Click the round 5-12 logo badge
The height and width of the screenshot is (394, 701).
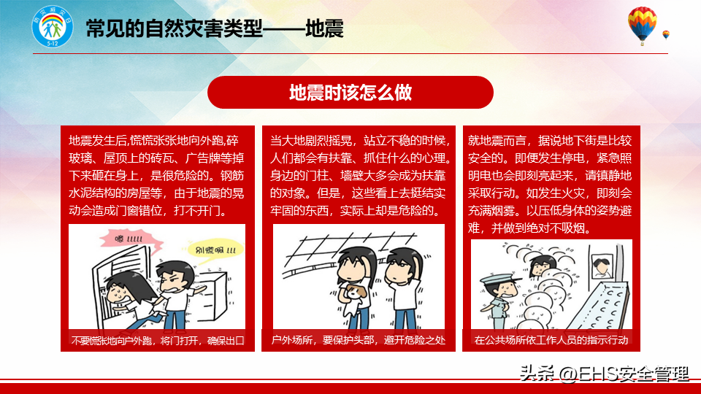[53, 27]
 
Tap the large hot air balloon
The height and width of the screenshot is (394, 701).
[642, 25]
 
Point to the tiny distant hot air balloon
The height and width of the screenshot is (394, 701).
[666, 35]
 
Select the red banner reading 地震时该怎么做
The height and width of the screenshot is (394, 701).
[350, 93]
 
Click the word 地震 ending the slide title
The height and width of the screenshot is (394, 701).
[324, 29]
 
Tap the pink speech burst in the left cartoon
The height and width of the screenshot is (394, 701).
[131, 240]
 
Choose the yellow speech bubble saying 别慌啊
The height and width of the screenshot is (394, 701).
[215, 250]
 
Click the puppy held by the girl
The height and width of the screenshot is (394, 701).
[356, 292]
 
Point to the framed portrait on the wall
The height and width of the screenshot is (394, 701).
[602, 267]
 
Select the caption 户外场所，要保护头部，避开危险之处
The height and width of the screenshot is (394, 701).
[359, 341]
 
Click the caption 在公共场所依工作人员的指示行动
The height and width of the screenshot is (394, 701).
[551, 341]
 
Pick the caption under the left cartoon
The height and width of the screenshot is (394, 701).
[158, 341]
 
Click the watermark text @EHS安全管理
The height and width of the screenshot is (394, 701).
[624, 374]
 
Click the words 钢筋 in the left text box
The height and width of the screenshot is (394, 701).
[232, 176]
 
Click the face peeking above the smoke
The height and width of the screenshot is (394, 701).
[543, 265]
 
